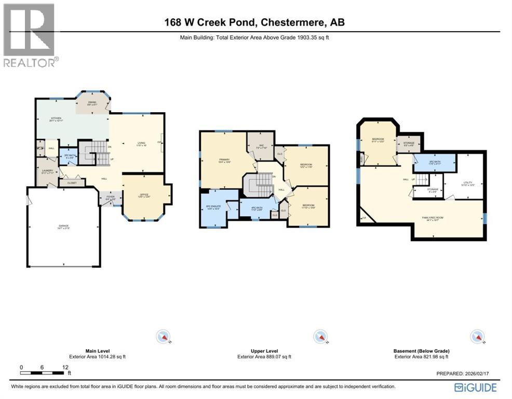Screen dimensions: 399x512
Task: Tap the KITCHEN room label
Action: (x=56, y=119)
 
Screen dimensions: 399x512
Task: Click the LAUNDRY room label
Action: (x=47, y=171)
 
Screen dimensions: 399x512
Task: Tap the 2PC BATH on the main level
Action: (x=68, y=156)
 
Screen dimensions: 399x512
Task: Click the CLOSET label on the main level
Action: (x=72, y=183)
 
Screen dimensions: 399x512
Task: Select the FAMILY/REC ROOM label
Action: (x=436, y=219)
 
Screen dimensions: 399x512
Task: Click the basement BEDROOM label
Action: (x=377, y=140)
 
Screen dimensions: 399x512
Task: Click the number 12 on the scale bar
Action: (x=65, y=367)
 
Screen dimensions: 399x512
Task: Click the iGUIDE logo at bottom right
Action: (x=475, y=388)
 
